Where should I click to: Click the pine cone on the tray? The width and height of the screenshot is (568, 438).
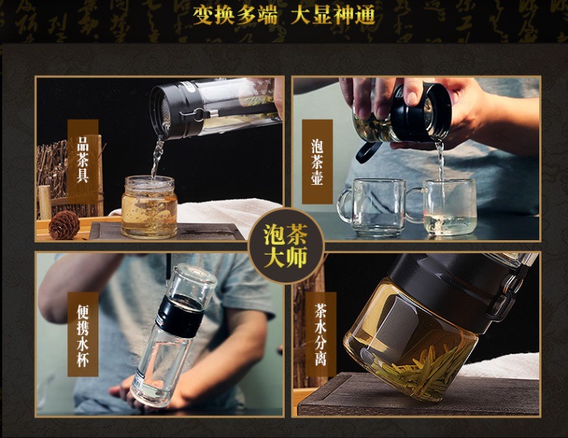(64, 225)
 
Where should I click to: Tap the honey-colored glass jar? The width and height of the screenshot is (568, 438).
(149, 207)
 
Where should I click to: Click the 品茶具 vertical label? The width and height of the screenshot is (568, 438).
(83, 161)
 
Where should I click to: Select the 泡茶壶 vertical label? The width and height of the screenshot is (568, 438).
(317, 161)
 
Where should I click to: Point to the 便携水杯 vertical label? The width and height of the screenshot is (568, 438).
(83, 334)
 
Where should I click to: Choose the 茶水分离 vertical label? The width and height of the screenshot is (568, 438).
(320, 334)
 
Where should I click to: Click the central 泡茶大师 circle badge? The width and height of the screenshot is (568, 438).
(286, 246)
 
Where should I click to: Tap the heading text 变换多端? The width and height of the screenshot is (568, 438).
(235, 15)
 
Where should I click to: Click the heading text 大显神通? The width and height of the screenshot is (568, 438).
(333, 15)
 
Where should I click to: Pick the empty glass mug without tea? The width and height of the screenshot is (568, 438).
(371, 207)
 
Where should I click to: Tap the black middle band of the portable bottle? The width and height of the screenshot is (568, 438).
(179, 314)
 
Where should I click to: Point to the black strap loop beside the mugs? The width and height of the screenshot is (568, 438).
(367, 152)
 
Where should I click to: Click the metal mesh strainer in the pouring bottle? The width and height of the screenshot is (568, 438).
(164, 111)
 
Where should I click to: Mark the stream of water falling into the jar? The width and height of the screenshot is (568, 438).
(157, 157)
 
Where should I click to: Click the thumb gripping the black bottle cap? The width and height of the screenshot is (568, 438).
(412, 92)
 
